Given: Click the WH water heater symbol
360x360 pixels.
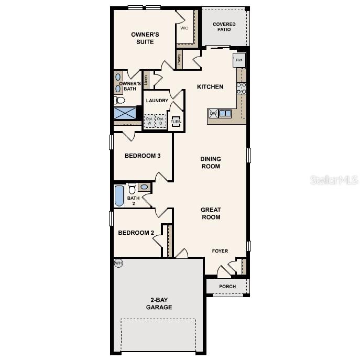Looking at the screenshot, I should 118,263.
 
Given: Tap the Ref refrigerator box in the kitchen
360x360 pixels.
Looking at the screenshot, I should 239,60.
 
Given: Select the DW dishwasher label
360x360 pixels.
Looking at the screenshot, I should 213,113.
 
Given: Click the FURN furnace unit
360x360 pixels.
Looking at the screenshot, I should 176,122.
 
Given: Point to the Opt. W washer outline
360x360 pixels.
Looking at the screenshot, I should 150,121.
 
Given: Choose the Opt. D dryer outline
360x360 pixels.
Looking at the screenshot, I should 160,121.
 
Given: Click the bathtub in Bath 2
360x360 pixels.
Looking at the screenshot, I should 119,196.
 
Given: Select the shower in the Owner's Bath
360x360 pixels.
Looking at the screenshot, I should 125,113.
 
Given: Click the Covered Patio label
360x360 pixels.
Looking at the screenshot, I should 224,27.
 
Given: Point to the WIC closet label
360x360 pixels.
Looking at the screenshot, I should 184,28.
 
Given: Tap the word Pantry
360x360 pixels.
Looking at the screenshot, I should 179,60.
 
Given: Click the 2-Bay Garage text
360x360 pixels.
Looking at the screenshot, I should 159,303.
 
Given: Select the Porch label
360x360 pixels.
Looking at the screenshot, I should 227,287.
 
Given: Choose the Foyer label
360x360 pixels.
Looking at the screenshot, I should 220,251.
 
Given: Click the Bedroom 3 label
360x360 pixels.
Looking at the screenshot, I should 143,156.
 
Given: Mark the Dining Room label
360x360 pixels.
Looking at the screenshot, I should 210,162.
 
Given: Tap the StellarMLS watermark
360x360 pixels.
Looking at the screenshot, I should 334,180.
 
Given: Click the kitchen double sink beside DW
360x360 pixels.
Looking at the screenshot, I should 225,113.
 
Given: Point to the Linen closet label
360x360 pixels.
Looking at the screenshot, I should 146,80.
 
